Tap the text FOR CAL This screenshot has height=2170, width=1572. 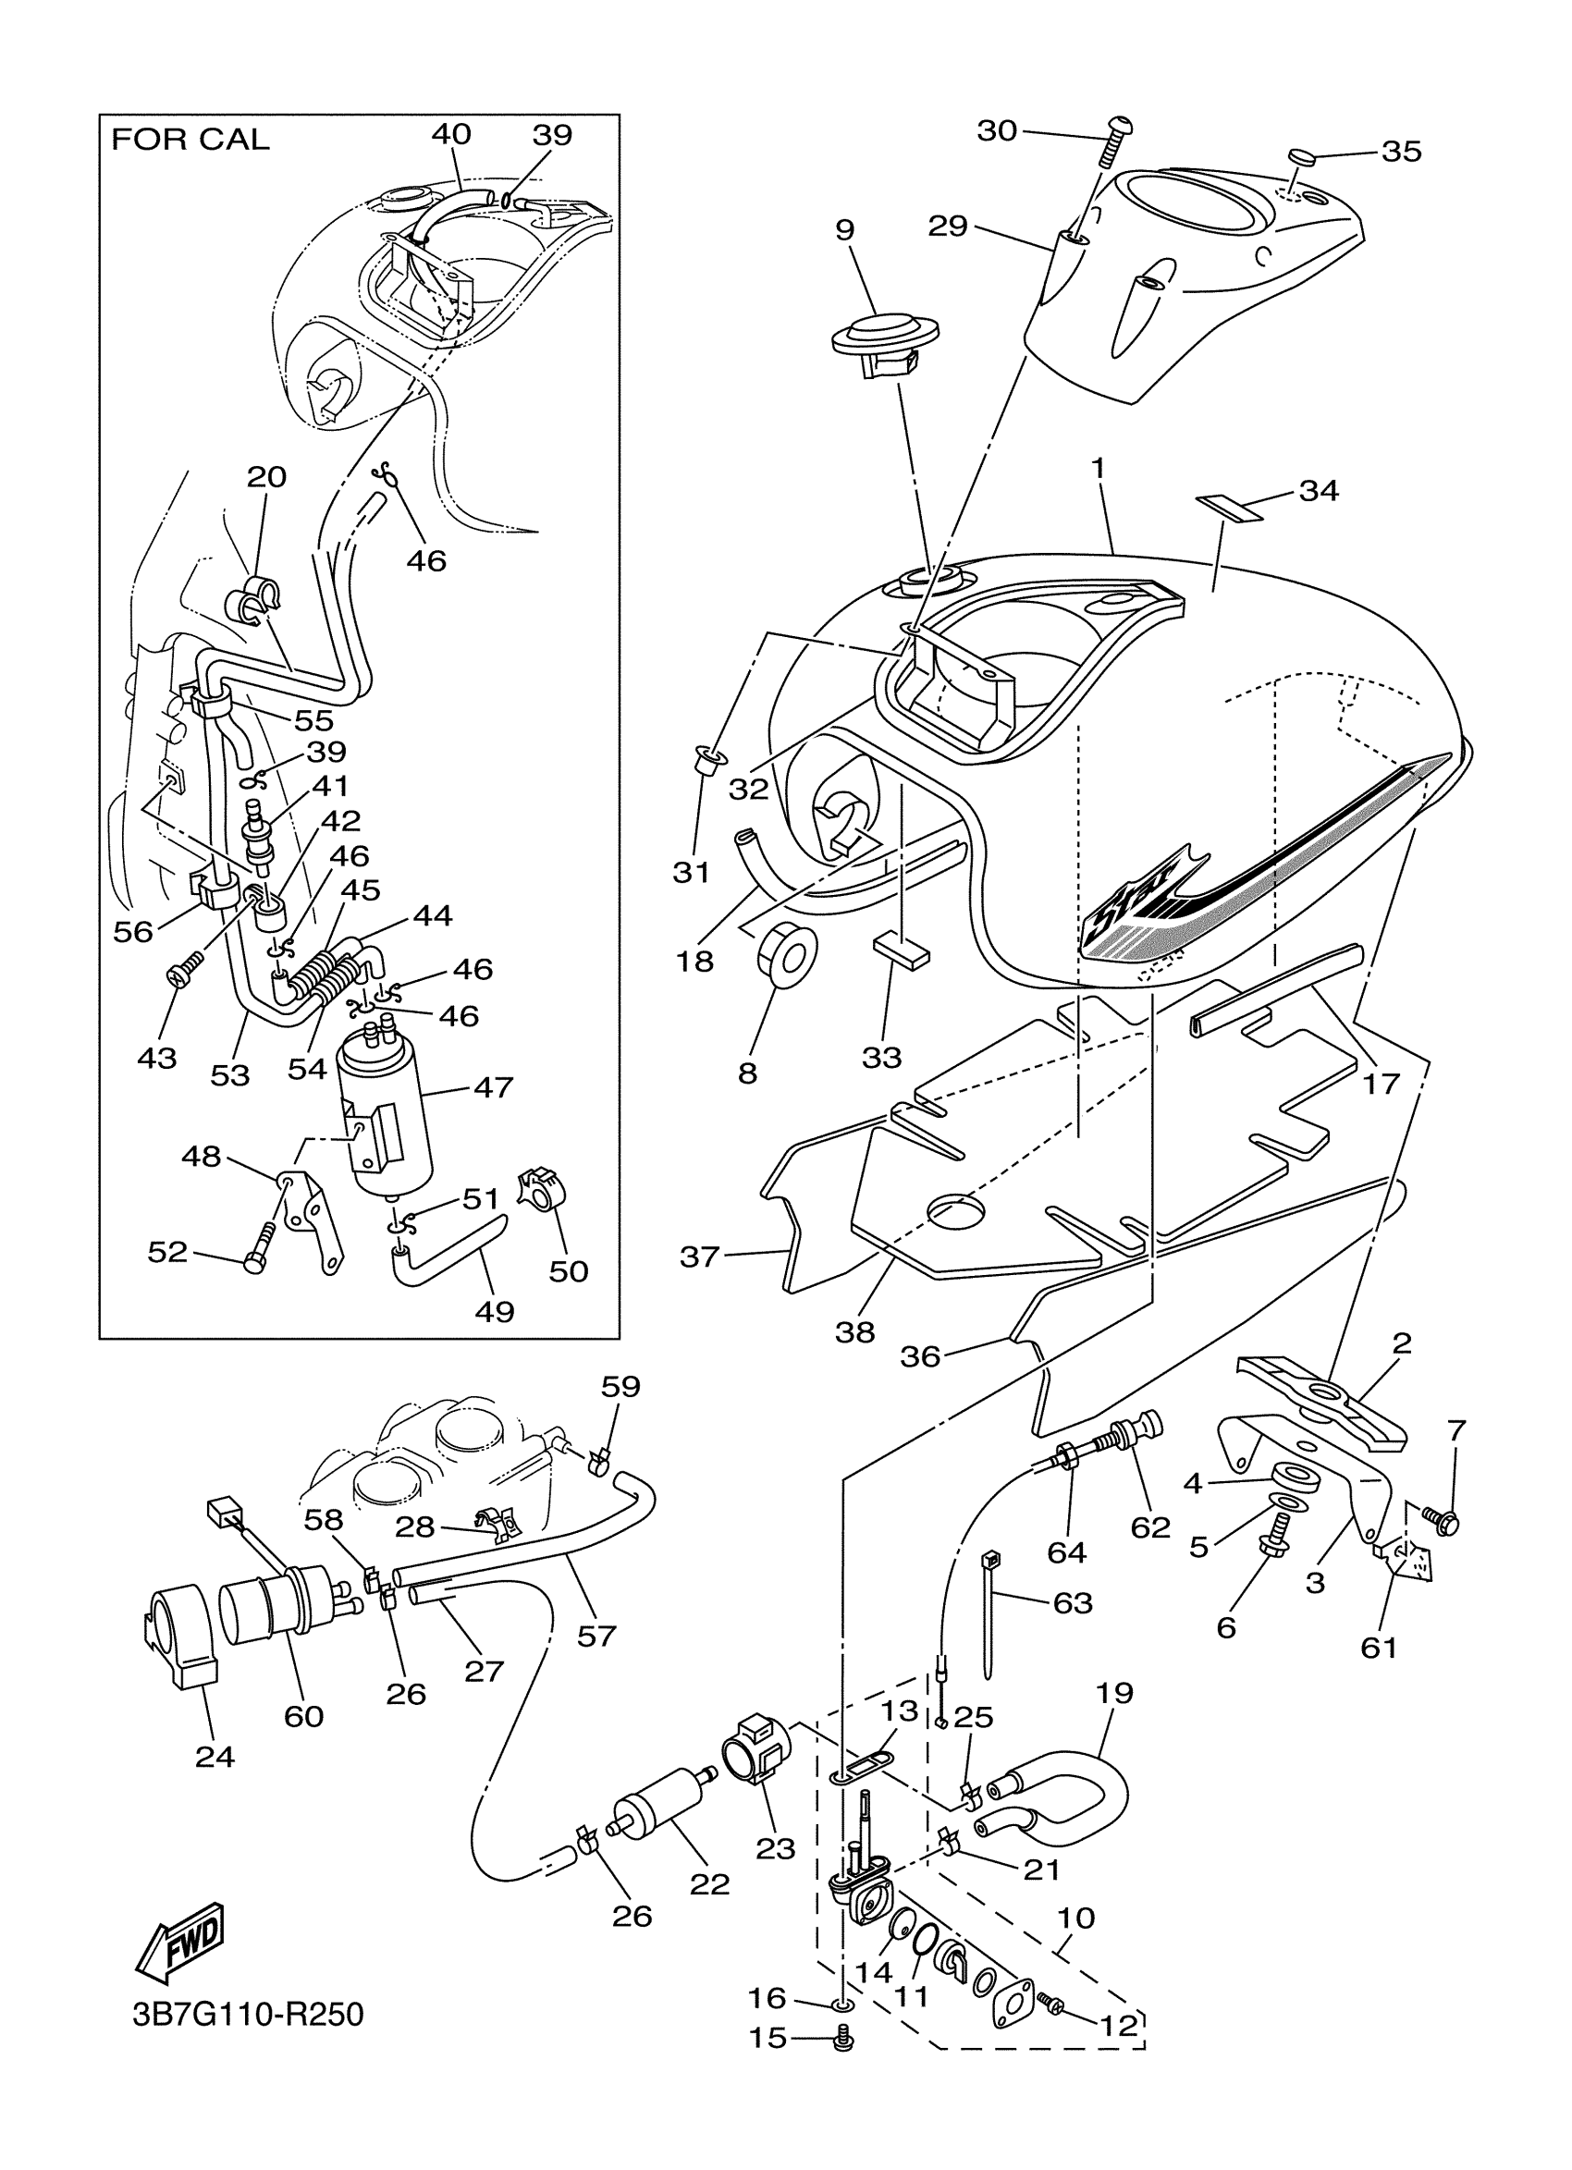[x=190, y=140]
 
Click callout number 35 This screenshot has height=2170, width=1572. [x=1402, y=152]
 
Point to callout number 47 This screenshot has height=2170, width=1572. [x=494, y=1087]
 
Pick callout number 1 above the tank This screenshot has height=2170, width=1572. [x=1099, y=469]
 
